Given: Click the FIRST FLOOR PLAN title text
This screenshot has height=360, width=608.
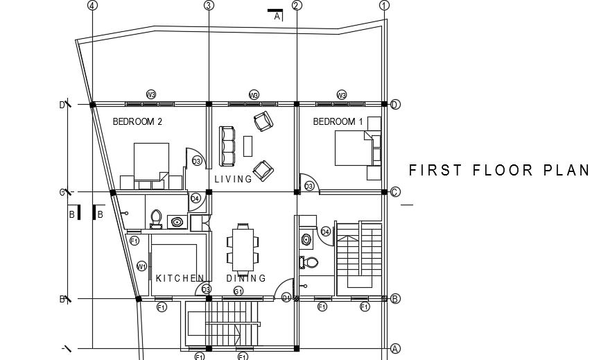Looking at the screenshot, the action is [499, 171].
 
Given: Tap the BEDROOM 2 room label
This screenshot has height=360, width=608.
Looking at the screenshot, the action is [137, 121].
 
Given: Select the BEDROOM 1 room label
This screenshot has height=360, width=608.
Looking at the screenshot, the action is [338, 121].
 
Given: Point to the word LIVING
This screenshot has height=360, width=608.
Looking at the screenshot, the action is [234, 180].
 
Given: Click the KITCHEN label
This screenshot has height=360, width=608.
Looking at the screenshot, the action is [180, 278].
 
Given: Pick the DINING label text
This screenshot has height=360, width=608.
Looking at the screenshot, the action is [246, 278].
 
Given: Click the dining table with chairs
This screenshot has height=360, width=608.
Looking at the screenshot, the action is [242, 248].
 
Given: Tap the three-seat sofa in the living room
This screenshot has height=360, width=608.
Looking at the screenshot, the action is [227, 146].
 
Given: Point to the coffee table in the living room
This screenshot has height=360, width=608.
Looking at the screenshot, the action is [248, 146].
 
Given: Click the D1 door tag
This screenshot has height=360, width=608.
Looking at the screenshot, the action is [286, 298].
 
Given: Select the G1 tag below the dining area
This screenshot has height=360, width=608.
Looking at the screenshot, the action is [238, 290].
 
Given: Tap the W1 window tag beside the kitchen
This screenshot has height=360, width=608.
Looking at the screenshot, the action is [141, 266].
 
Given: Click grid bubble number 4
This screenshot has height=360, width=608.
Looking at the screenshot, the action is [93, 6].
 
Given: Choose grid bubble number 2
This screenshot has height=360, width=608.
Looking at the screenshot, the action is [297, 6].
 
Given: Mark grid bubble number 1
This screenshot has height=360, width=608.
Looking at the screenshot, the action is [385, 6].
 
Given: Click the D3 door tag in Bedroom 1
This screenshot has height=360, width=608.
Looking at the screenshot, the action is [309, 186].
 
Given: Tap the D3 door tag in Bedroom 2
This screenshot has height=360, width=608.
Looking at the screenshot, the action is [197, 162].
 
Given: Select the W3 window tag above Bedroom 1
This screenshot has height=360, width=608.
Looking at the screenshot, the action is [342, 94].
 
